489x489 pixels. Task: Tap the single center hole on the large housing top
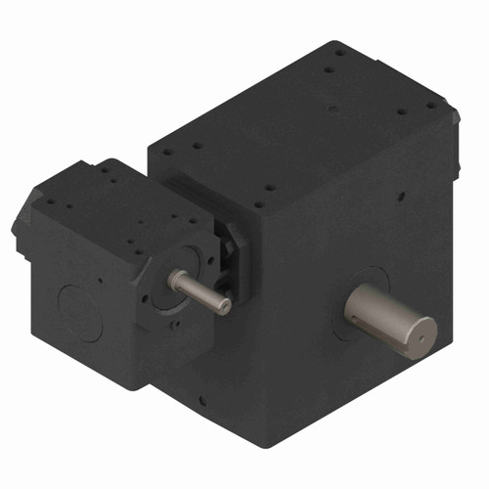[332, 109]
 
